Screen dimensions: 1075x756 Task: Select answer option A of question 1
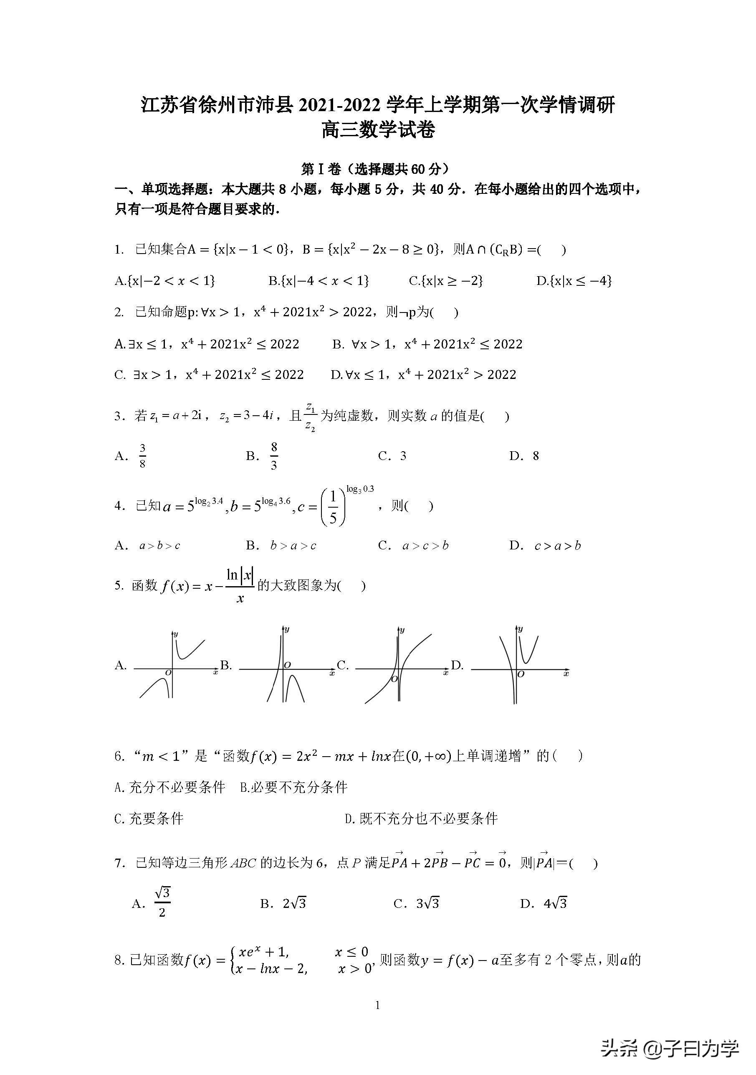[164, 281]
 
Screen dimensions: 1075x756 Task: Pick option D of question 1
[574, 281]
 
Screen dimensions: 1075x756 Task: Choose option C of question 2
[209, 375]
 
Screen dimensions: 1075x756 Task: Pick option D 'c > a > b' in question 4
[557, 546]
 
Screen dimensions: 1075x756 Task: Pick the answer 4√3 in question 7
[555, 904]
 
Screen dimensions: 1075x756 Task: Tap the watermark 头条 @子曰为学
[669, 1047]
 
